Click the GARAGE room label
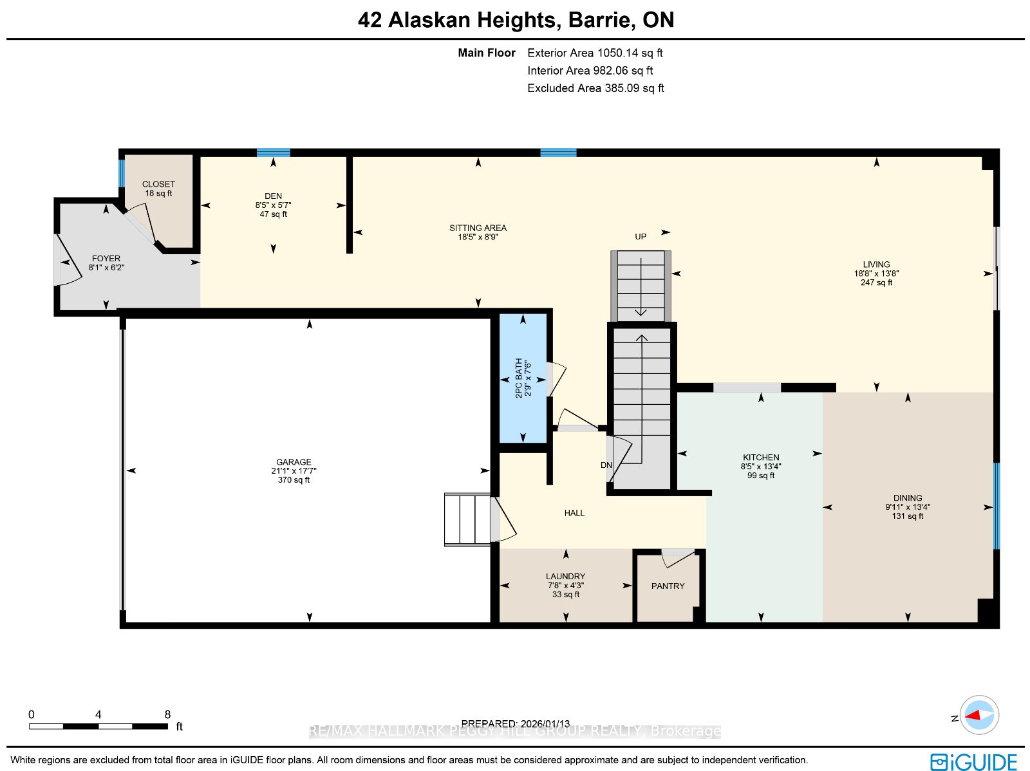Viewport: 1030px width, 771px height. pos(294,462)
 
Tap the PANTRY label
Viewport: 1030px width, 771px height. pos(668,586)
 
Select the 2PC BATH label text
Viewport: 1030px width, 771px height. pos(518,378)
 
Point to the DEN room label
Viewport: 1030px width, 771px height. pos(273,196)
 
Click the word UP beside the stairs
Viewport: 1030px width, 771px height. pos(641,237)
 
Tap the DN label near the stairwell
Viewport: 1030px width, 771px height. pos(606,465)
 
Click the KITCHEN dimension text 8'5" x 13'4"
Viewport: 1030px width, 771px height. pos(761,466)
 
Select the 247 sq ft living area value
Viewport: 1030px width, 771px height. pos(876,283)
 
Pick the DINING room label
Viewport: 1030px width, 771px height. pos(908,497)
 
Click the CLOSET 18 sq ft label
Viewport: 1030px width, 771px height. pos(158,189)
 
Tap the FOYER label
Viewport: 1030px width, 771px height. pos(106,259)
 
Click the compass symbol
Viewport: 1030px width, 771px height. pos(979,715)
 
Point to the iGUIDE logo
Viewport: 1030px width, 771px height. pos(973,761)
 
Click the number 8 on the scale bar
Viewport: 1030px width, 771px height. pos(167,715)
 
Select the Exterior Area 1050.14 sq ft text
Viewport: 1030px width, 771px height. pos(595,53)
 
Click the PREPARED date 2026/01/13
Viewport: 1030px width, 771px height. pos(545,723)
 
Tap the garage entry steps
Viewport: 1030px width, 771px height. pos(467,519)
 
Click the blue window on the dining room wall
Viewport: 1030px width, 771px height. pos(997,506)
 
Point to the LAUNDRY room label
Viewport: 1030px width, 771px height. pos(565,577)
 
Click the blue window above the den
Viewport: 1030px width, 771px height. pos(274,153)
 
